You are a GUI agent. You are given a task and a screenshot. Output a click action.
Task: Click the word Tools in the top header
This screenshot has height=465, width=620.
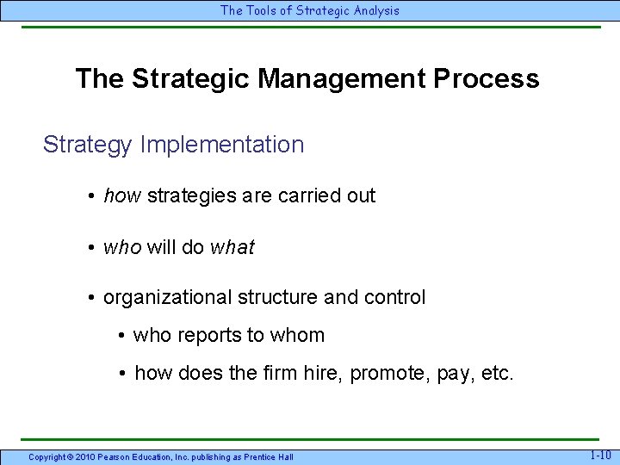click(x=260, y=10)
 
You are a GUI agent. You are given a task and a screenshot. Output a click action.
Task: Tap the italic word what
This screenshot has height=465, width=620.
click(x=232, y=247)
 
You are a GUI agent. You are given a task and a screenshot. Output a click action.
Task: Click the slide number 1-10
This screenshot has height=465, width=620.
click(x=600, y=456)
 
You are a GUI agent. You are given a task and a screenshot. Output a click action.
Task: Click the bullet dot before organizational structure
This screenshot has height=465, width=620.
click(x=90, y=298)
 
